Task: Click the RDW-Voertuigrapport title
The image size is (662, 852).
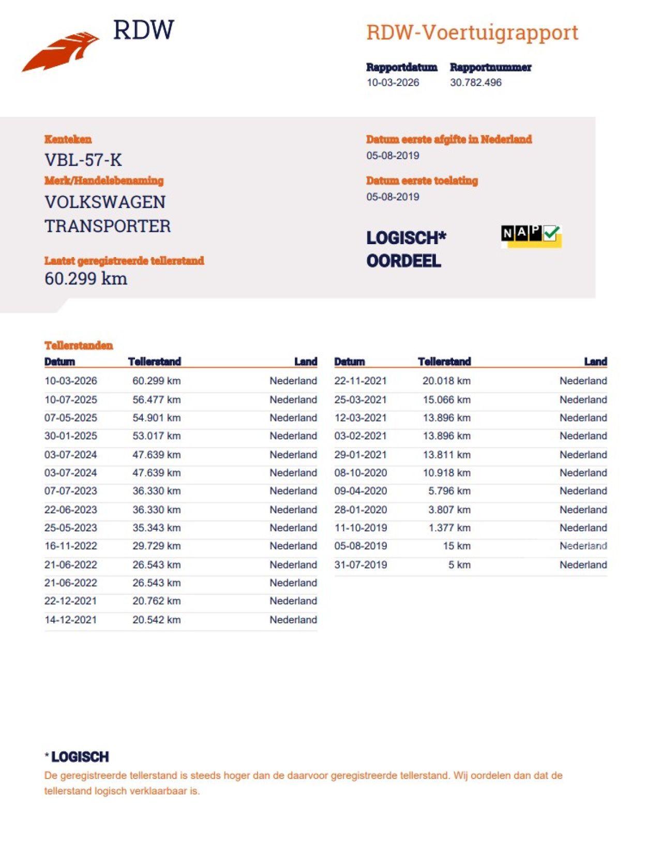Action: click(x=472, y=33)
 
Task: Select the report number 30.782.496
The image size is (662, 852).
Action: click(x=475, y=82)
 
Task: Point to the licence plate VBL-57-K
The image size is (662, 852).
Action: click(x=83, y=160)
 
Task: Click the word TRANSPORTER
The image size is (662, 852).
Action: click(x=108, y=226)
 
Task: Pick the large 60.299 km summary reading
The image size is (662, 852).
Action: click(x=86, y=278)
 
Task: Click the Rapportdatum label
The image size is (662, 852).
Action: click(x=401, y=67)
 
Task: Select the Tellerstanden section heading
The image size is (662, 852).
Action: click(x=79, y=346)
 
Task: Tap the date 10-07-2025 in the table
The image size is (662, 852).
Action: click(x=71, y=399)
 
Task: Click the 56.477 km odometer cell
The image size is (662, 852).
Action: click(x=156, y=399)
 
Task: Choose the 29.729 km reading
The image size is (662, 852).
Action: click(x=156, y=546)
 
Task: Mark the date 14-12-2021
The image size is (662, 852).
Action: click(x=71, y=620)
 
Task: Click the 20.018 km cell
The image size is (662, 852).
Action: click(x=446, y=381)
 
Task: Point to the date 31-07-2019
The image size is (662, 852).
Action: click(x=360, y=564)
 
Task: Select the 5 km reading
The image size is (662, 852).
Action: click(x=459, y=564)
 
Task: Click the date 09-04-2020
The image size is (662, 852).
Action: click(x=360, y=490)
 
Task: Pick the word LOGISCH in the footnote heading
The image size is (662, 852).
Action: click(x=80, y=757)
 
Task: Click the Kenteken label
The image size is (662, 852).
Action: click(x=68, y=139)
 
